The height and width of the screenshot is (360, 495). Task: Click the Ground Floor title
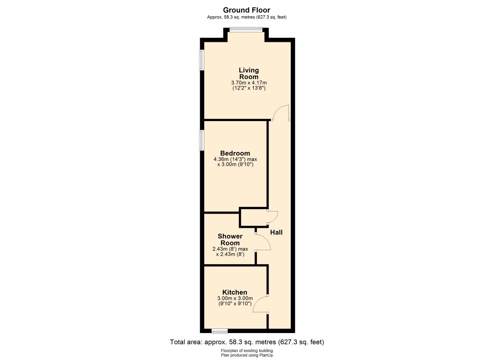(247, 10)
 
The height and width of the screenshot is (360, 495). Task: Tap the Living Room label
(249, 73)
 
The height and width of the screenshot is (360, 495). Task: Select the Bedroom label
(235, 153)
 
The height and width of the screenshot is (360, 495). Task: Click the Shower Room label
(230, 240)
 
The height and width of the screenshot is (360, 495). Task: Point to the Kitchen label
(235, 292)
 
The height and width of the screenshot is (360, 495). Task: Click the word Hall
(276, 232)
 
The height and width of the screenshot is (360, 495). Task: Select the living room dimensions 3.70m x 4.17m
(249, 83)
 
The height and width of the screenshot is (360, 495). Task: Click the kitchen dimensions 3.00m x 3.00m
(235, 298)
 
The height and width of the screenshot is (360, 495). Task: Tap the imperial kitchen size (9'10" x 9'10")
(235, 304)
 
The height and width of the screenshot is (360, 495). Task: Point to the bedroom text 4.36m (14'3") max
(235, 159)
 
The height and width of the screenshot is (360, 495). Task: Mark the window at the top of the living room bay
(246, 30)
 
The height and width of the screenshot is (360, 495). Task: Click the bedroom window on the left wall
(201, 140)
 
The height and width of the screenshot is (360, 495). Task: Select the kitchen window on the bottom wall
(220, 331)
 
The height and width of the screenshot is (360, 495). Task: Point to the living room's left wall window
(201, 60)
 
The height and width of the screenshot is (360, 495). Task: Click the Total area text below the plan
(247, 342)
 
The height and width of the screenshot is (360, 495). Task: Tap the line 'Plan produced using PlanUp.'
(247, 355)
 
